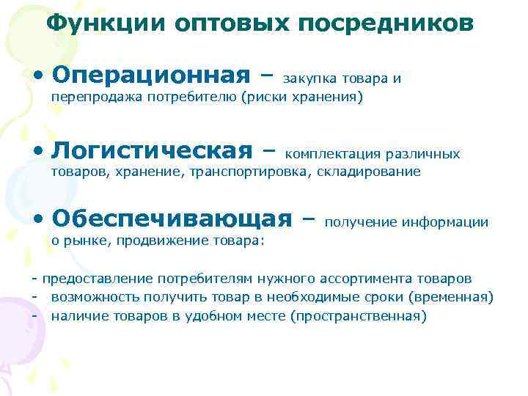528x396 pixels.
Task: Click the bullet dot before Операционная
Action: coord(37,76)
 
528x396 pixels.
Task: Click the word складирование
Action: coord(371,172)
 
